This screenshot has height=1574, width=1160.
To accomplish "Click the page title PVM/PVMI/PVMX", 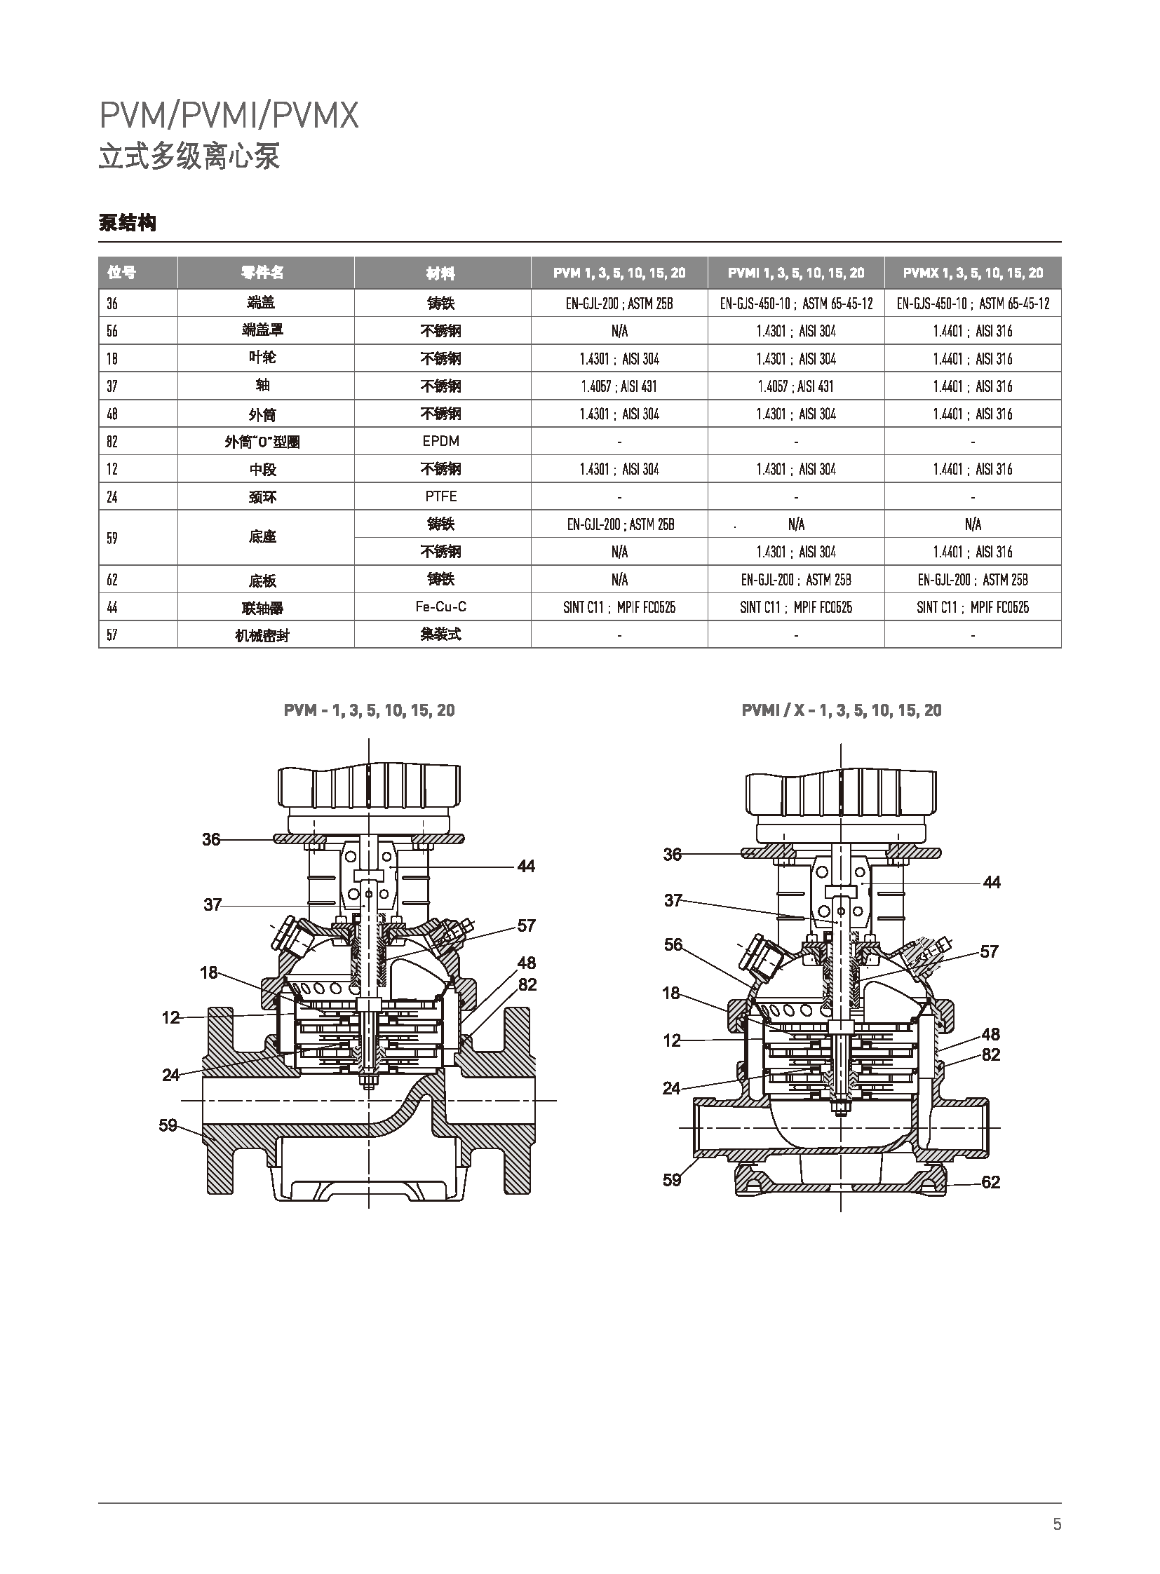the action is tap(229, 116).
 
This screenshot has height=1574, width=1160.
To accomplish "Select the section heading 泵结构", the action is tap(127, 223).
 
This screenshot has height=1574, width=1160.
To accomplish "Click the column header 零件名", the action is tap(262, 273).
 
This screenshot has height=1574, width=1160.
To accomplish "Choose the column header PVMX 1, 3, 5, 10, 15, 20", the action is tap(973, 273).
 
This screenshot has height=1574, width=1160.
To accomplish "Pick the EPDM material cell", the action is tap(441, 441).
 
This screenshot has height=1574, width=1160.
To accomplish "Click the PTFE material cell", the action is tap(441, 496).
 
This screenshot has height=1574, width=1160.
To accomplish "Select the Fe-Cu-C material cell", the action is tap(441, 606).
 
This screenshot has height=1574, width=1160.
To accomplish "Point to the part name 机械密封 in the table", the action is tap(262, 635).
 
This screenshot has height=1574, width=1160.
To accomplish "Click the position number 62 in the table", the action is tap(112, 580).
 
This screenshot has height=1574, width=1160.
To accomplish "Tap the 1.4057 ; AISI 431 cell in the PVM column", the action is tap(619, 386).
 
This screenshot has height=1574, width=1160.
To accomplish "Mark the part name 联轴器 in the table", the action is tap(262, 608).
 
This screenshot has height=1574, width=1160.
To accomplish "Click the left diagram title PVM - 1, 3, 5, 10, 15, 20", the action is tap(370, 710).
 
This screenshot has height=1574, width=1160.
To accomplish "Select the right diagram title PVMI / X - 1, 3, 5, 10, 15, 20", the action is tap(841, 710).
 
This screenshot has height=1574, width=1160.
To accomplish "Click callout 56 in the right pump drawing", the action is tap(673, 944).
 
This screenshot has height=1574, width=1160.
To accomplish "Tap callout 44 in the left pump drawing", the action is tap(526, 867).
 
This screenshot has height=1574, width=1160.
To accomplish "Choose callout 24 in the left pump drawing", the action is tap(170, 1075).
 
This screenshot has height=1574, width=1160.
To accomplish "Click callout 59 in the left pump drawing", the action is tap(168, 1125).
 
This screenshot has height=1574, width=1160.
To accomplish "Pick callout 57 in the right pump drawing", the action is tap(989, 951).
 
